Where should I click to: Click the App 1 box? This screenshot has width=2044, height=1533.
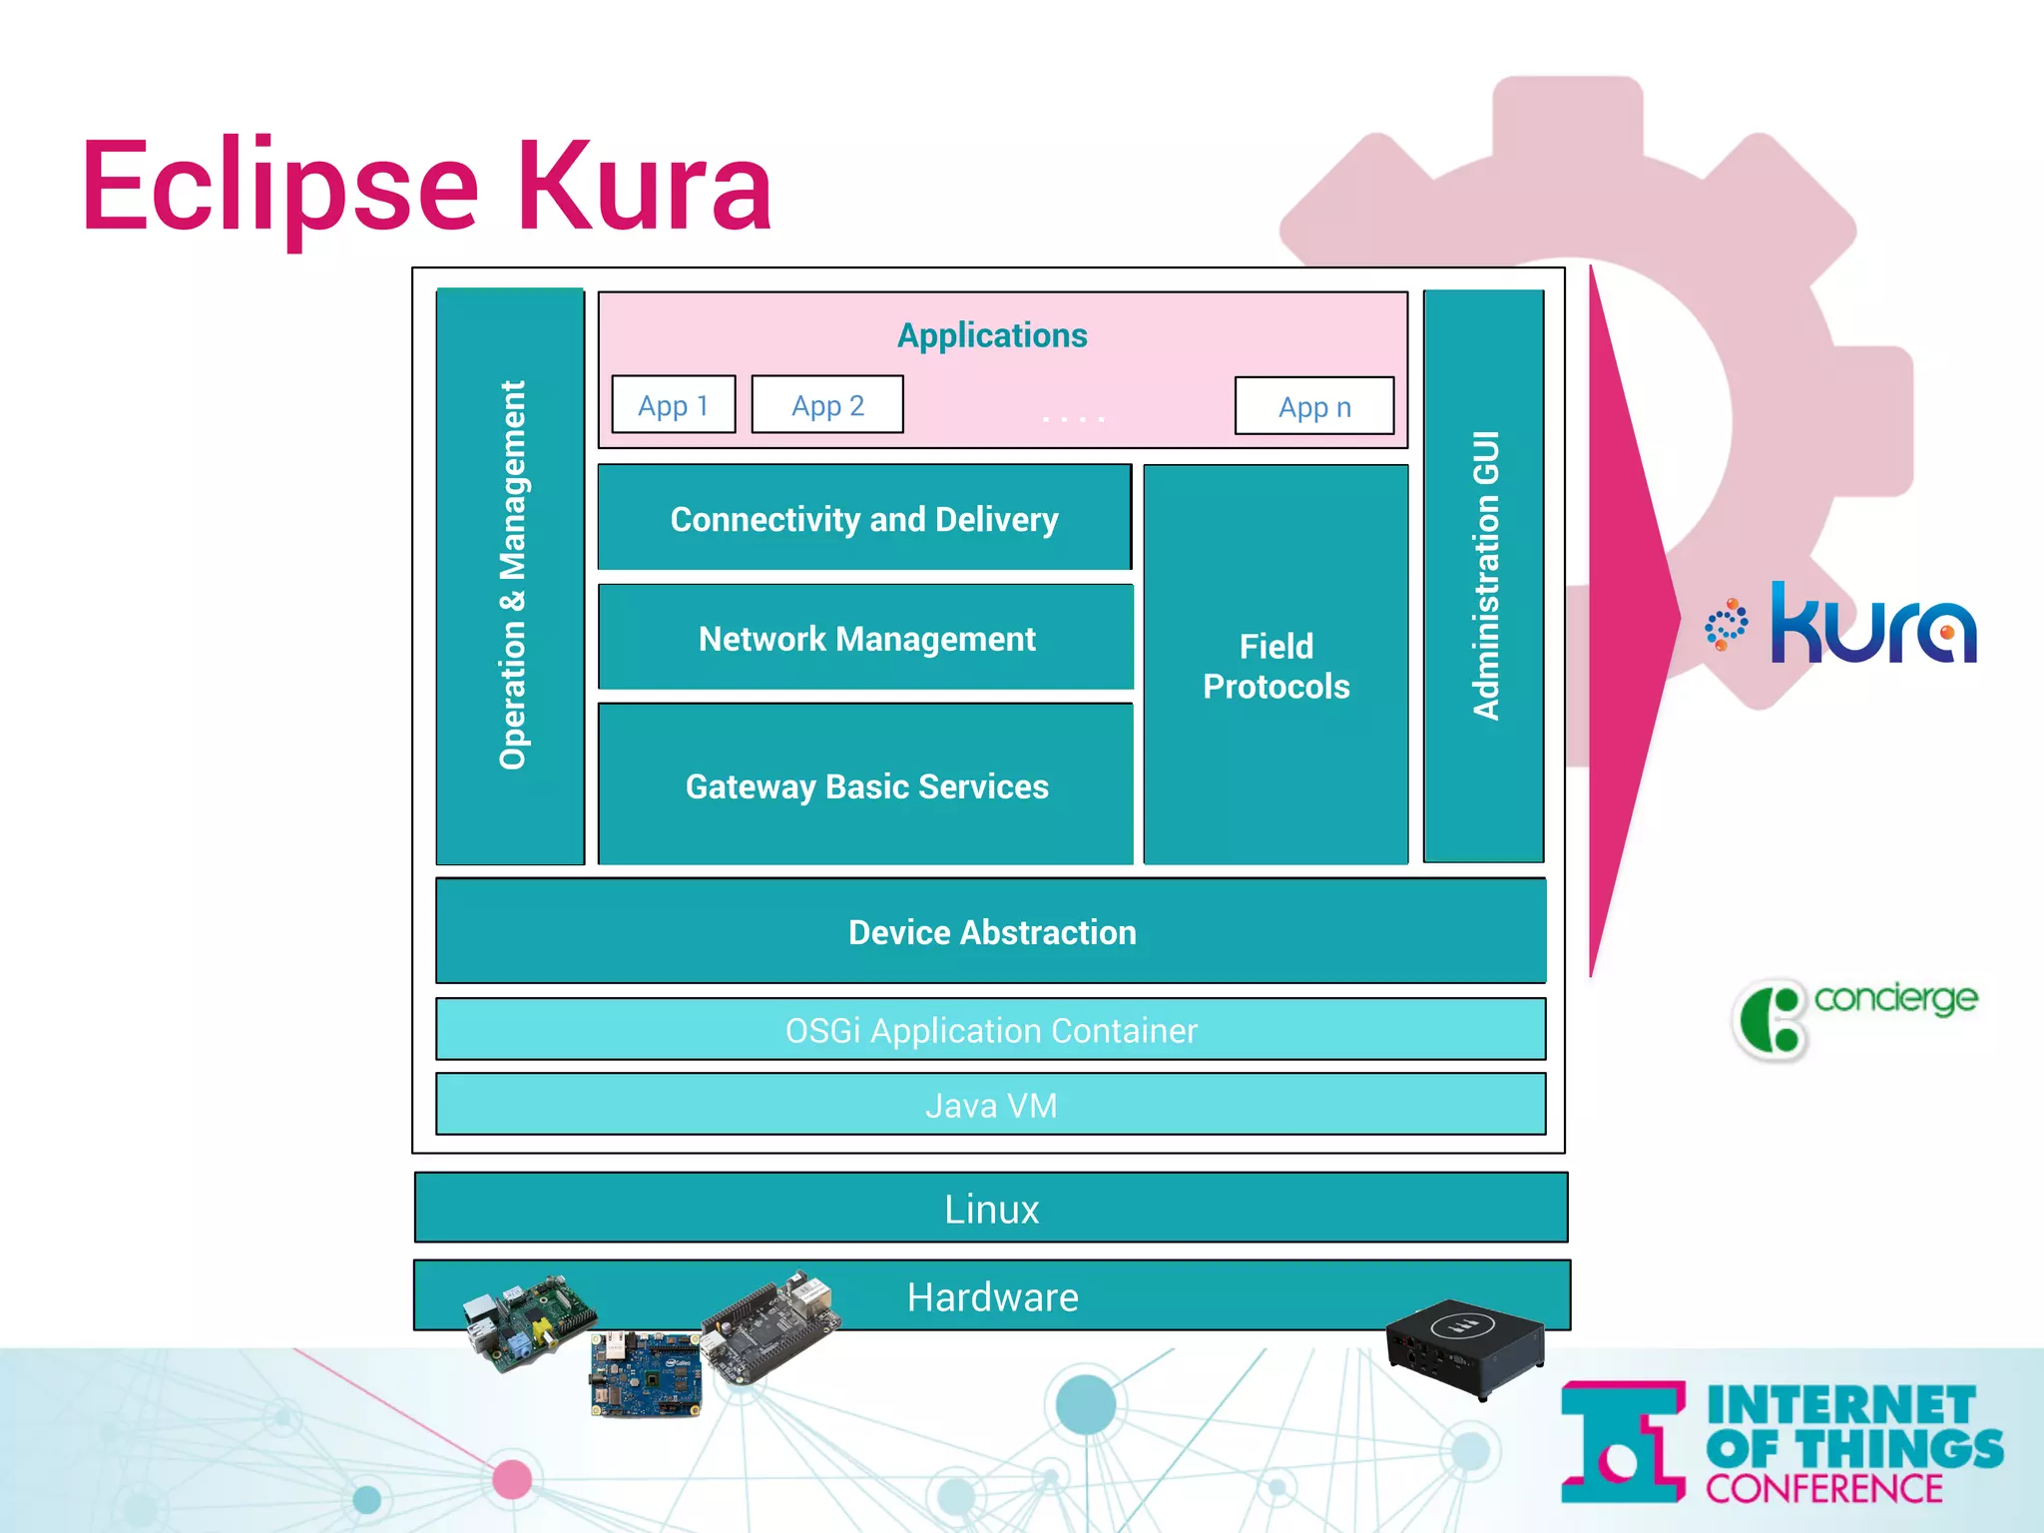click(x=673, y=405)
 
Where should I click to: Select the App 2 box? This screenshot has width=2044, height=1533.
click(x=827, y=405)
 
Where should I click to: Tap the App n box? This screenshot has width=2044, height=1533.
click(x=1314, y=406)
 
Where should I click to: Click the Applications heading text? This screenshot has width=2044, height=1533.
click(x=992, y=335)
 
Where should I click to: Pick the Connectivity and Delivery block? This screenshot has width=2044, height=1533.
click(x=864, y=519)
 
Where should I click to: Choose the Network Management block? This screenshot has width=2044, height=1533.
click(x=866, y=639)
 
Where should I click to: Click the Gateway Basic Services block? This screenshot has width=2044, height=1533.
click(x=866, y=786)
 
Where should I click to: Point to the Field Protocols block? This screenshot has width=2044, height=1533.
click(x=1276, y=666)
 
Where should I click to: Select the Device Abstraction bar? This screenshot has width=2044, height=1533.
click(x=991, y=932)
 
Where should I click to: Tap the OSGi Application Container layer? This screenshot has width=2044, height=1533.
click(x=991, y=1030)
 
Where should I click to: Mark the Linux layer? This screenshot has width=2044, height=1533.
click(x=991, y=1209)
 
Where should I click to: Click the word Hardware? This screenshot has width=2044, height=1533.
click(x=992, y=1296)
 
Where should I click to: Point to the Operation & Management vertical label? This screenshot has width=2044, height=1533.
click(x=512, y=575)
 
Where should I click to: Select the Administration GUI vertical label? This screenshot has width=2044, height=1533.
click(x=1486, y=575)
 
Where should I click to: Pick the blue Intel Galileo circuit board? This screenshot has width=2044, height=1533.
click(x=646, y=1373)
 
